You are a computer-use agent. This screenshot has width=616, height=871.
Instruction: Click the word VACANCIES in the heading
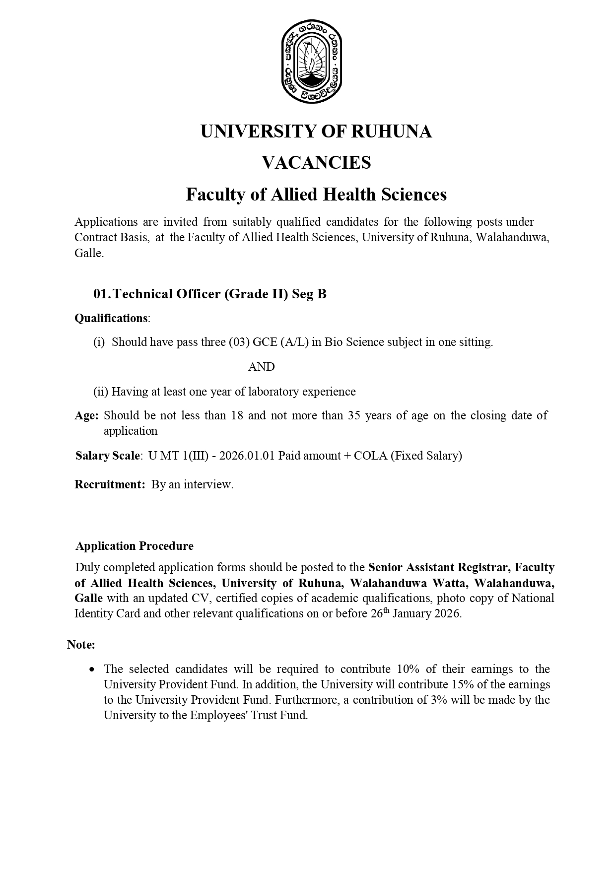pyautogui.click(x=316, y=163)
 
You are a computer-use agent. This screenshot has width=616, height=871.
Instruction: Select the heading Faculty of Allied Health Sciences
pyautogui.click(x=316, y=195)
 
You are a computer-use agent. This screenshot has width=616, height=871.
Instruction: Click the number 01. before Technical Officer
pyautogui.click(x=102, y=294)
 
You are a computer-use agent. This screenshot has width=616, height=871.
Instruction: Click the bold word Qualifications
pyautogui.click(x=111, y=318)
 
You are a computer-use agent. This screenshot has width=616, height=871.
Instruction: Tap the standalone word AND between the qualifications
pyautogui.click(x=261, y=367)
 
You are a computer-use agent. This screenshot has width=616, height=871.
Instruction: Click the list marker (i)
pyautogui.click(x=99, y=342)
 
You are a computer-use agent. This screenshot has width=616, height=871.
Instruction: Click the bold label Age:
pyautogui.click(x=87, y=416)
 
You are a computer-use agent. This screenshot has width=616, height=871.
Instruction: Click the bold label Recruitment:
pyautogui.click(x=110, y=485)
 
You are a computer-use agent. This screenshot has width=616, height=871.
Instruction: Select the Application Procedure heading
pyautogui.click(x=135, y=546)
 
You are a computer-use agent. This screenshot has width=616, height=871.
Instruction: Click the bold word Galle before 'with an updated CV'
pyautogui.click(x=89, y=598)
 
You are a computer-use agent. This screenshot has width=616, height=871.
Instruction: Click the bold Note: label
pyautogui.click(x=81, y=645)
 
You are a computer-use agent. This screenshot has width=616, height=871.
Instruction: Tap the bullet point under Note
pyautogui.click(x=92, y=670)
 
